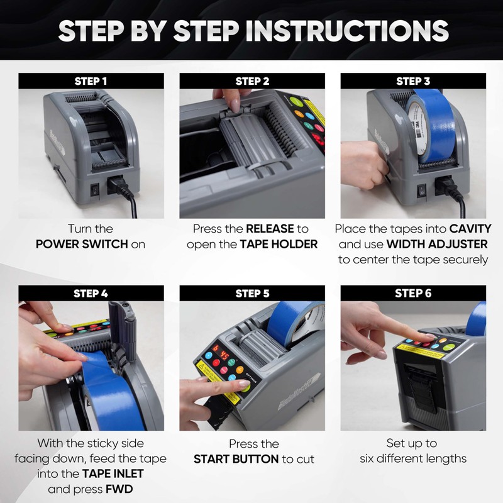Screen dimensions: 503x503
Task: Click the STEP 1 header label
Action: (x=91, y=81)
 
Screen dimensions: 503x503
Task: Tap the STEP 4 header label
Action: (x=91, y=294)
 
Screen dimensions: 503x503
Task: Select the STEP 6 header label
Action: (x=413, y=293)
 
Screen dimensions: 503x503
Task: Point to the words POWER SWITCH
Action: (x=82, y=245)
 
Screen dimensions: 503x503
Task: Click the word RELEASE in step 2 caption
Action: (x=270, y=229)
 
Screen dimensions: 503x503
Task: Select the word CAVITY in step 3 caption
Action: (x=470, y=229)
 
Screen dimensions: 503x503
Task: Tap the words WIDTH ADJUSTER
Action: (x=437, y=244)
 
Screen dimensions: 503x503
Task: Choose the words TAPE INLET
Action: (x=113, y=474)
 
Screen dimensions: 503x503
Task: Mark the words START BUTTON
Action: (x=236, y=459)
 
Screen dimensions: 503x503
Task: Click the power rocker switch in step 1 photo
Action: (x=95, y=190)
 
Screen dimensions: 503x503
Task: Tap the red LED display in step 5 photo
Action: (x=221, y=352)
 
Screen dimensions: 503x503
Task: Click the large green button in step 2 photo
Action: (x=296, y=102)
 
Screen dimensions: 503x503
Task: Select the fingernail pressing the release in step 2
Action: (x=235, y=106)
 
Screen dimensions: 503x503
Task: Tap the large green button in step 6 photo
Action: (x=449, y=347)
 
